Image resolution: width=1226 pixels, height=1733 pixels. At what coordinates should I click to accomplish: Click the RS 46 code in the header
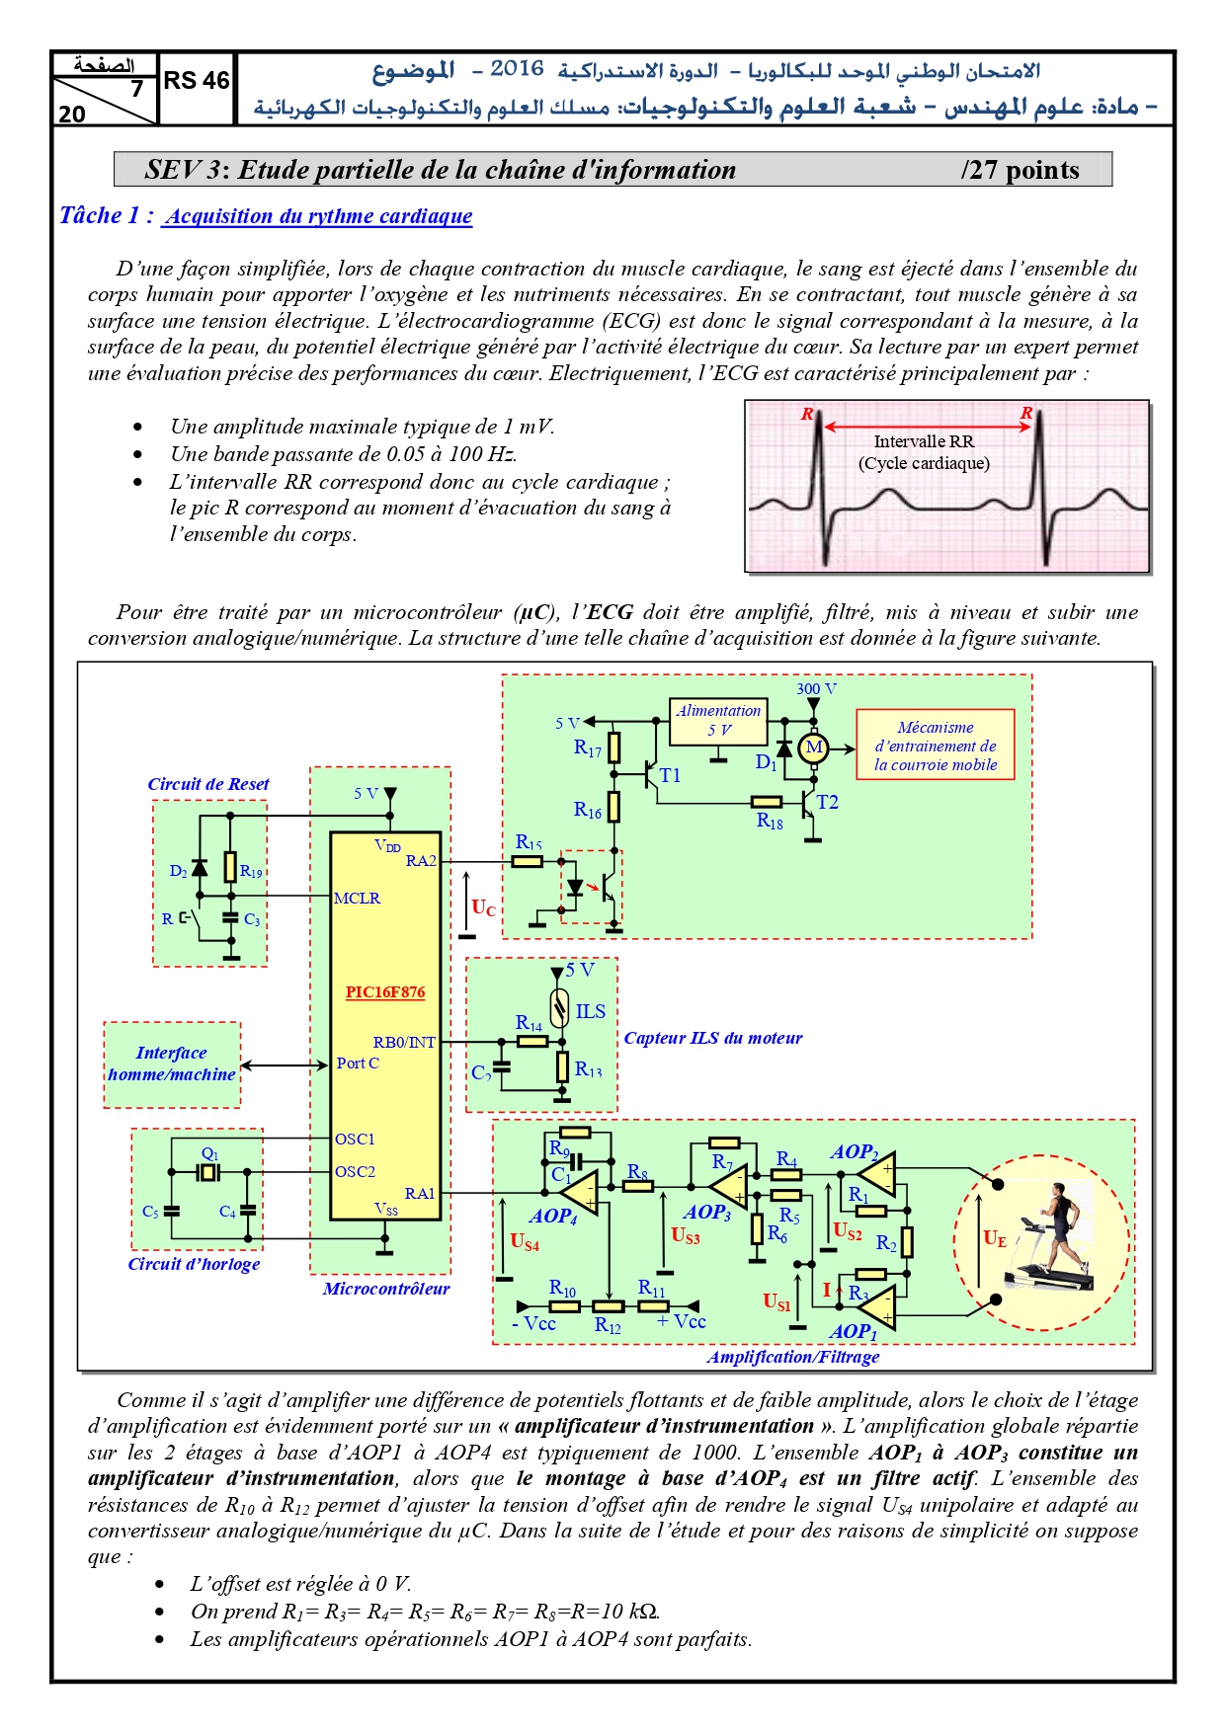click(196, 81)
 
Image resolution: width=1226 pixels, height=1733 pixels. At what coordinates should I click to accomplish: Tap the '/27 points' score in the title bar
click(1020, 170)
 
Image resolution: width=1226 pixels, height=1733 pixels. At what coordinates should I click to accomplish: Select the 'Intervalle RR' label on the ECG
click(924, 441)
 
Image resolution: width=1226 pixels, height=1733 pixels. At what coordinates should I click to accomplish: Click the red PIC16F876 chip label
click(385, 991)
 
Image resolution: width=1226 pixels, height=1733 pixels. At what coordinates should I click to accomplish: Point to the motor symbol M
click(813, 748)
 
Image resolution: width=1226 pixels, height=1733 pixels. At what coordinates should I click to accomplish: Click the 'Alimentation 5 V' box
click(718, 722)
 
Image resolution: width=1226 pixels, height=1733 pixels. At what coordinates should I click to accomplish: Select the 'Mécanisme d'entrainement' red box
click(935, 745)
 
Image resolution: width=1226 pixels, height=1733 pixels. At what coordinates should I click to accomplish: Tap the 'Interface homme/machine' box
click(172, 1064)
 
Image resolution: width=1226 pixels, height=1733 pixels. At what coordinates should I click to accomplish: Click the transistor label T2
click(827, 802)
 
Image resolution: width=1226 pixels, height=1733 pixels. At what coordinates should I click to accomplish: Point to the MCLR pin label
click(357, 898)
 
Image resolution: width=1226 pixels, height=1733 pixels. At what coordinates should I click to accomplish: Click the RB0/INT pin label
click(404, 1042)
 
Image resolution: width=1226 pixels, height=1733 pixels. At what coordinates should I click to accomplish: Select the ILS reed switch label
click(591, 1011)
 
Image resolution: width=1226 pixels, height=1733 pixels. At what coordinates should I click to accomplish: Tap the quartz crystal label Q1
click(209, 1153)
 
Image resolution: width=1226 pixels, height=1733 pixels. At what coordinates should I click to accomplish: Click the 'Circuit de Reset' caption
click(208, 784)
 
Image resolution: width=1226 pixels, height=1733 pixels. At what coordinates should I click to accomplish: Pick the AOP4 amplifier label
click(553, 1217)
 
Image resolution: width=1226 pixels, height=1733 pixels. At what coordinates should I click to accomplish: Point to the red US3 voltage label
click(686, 1234)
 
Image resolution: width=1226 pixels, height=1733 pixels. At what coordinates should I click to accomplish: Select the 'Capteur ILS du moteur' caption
click(712, 1038)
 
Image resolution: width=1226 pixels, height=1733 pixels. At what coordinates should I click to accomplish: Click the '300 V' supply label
click(816, 688)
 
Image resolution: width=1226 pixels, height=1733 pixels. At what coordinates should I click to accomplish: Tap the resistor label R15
click(529, 842)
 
